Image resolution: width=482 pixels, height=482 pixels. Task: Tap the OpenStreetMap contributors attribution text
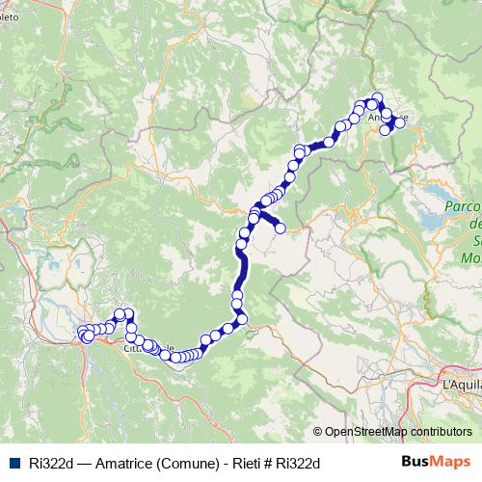coord(398,432)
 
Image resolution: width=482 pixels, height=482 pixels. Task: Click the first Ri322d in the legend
coord(48,463)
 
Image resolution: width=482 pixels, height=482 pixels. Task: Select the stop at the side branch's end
coord(281,228)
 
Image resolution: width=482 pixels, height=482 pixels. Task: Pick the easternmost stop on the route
coord(400,122)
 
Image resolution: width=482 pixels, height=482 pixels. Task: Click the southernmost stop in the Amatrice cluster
coord(386,130)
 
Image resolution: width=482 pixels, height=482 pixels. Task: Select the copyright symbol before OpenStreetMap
coord(318,432)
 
